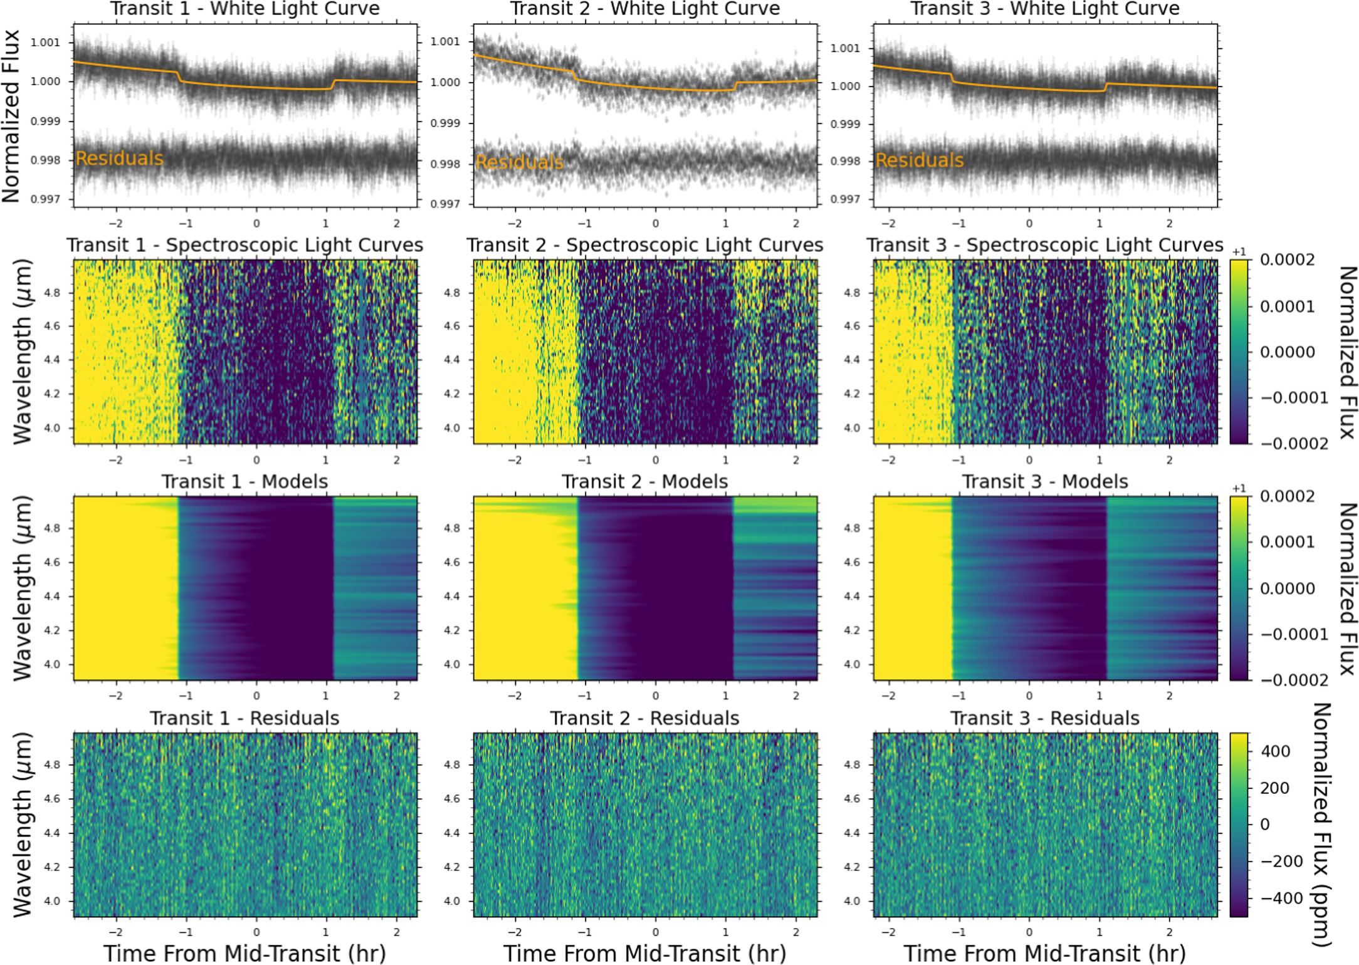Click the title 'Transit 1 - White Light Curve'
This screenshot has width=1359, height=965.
point(245,9)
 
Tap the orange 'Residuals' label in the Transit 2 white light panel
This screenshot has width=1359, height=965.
point(520,162)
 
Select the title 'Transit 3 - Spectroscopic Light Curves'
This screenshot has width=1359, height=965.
point(1045,245)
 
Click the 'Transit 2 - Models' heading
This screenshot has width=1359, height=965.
point(645,481)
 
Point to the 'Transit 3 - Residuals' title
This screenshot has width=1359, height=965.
point(1045,718)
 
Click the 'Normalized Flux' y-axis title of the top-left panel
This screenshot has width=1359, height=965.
point(11,116)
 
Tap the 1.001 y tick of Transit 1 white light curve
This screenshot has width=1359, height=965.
point(46,43)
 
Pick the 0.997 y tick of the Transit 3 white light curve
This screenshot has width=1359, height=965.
point(846,199)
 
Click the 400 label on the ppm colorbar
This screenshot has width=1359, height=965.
point(1275,751)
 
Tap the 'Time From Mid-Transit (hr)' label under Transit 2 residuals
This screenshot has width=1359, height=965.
point(645,953)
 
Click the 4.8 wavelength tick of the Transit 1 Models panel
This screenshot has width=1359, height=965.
point(53,528)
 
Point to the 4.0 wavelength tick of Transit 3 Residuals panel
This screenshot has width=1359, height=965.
point(852,901)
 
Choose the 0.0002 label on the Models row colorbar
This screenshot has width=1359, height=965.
point(1287,496)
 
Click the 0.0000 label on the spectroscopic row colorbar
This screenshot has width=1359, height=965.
point(1287,352)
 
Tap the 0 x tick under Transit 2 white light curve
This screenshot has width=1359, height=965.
point(656,224)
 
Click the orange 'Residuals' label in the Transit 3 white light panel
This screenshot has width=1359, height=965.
point(920,160)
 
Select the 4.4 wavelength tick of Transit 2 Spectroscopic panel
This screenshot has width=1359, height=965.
point(452,360)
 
